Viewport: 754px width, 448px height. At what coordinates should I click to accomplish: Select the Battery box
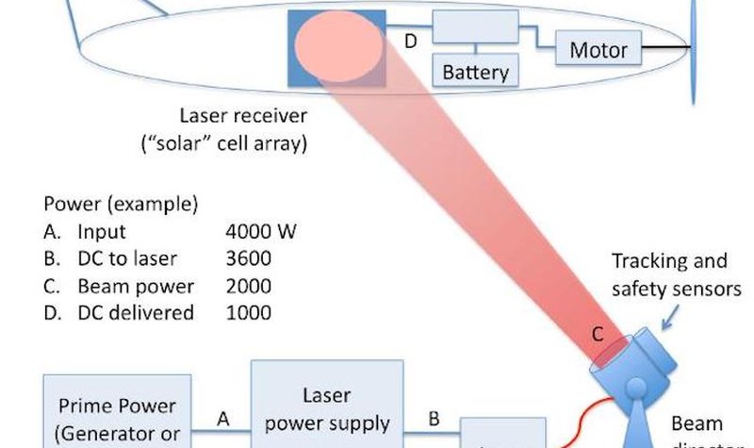pos(475,71)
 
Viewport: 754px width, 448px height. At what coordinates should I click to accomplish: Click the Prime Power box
pos(118,415)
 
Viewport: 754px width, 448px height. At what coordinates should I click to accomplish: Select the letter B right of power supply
pos(435,416)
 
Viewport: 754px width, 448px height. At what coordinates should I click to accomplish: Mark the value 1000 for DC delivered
pos(248,313)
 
